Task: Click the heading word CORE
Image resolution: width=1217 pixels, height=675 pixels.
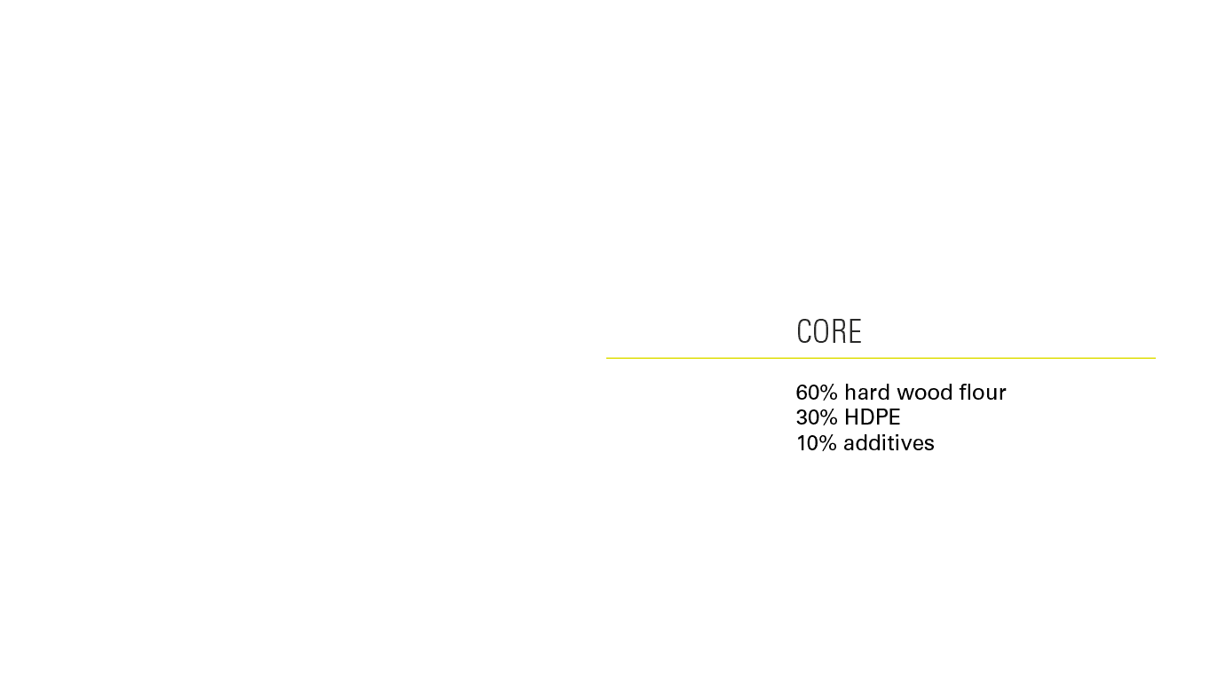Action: point(829,331)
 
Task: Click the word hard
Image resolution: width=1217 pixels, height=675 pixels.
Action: point(865,393)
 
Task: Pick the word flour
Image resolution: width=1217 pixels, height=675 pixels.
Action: point(983,393)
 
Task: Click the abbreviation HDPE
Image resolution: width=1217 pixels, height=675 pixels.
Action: point(872,417)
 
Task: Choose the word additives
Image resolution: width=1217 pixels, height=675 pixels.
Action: point(889,443)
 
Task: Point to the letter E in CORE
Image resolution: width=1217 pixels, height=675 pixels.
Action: point(855,331)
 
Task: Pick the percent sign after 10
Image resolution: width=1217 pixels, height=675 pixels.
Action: point(828,443)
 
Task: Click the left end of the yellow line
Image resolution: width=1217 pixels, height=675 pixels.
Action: point(609,358)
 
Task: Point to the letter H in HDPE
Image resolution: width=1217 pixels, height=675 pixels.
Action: point(851,417)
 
